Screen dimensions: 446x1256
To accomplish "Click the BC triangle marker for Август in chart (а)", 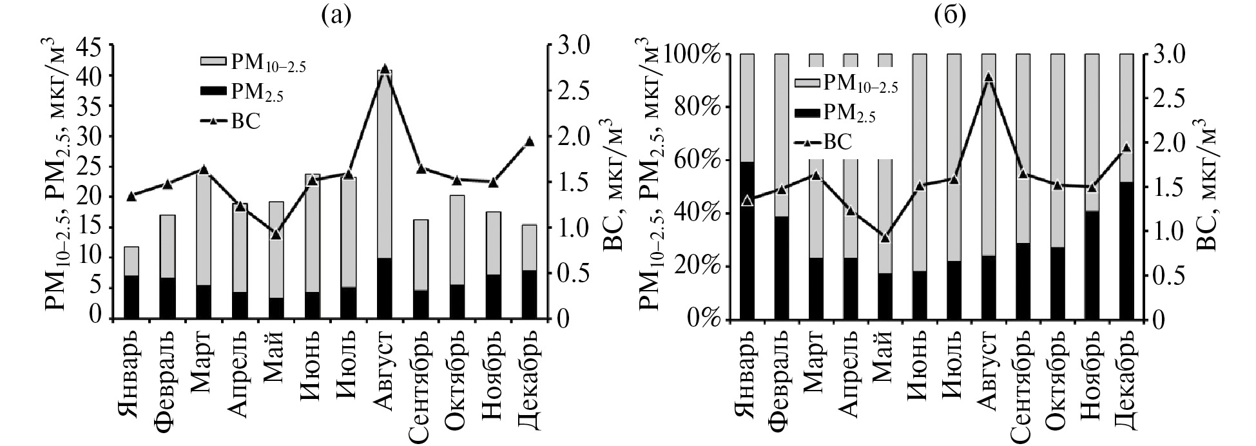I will click(385, 69).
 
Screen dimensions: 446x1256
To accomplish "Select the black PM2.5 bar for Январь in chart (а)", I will click(131, 297).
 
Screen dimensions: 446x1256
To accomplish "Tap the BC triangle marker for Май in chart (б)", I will click(885, 238).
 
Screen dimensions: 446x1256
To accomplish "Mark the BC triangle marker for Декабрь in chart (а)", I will click(529, 141).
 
